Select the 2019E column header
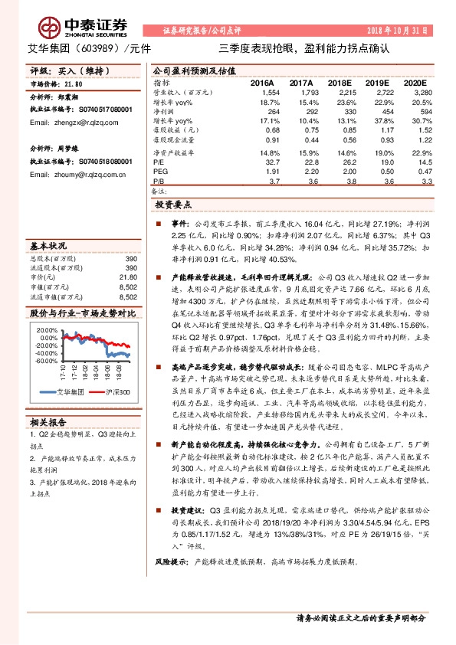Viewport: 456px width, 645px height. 377,82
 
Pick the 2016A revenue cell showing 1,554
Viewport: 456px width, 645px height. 271,92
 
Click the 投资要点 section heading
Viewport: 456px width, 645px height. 173,206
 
